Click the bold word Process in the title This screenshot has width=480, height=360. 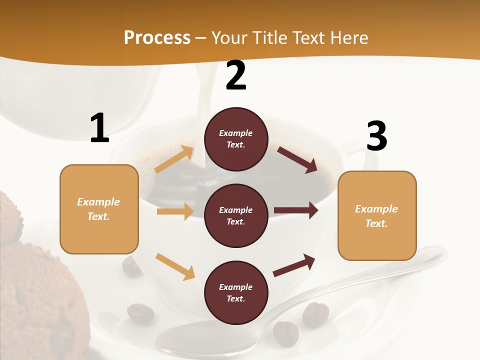click(157, 38)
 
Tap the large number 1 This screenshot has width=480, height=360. click(99, 128)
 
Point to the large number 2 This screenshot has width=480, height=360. click(236, 75)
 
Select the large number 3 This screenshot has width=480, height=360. click(376, 136)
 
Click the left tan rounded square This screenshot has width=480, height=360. click(99, 209)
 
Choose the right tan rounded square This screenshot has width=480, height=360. click(377, 216)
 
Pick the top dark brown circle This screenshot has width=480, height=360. click(236, 139)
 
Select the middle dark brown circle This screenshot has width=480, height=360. click(236, 215)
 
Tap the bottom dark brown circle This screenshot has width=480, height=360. click(236, 292)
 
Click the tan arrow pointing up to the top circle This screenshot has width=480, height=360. click(174, 159)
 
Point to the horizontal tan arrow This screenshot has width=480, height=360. click(175, 211)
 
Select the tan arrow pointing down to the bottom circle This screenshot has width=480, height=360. click(175, 266)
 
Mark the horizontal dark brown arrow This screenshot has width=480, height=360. click(296, 210)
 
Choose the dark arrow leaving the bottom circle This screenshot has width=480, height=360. click(294, 265)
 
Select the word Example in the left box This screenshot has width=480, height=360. click(98, 202)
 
